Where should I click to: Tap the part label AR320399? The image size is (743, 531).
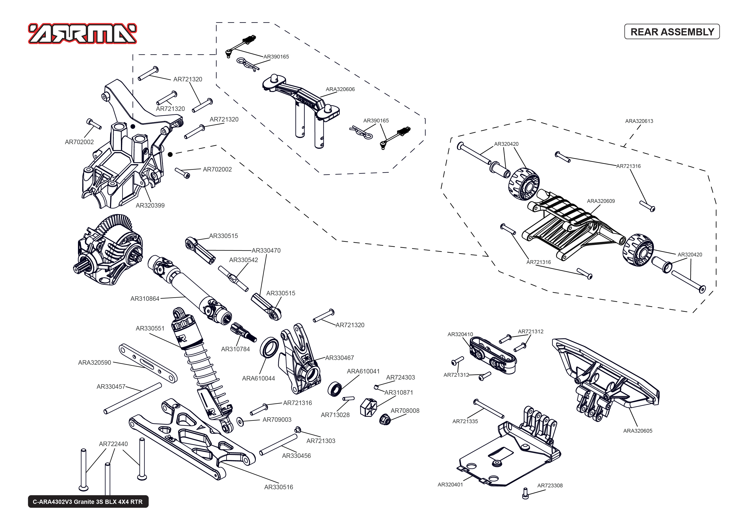coord(150,205)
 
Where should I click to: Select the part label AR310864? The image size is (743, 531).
coord(145,298)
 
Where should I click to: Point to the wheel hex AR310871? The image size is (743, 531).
coord(368,407)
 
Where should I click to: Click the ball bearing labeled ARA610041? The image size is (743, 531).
coord(335,389)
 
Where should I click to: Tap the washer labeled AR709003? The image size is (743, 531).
coord(240,422)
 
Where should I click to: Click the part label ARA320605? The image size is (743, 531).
coord(637,431)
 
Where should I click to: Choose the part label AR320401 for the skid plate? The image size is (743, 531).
coord(450,485)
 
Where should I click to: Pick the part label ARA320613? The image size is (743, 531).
coord(639,121)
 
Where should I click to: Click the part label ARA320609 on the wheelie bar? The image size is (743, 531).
coord(601,201)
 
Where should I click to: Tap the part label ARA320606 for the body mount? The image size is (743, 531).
coord(340,89)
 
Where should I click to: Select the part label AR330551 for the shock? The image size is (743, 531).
coord(150,328)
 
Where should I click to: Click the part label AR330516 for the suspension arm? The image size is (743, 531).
coord(278,487)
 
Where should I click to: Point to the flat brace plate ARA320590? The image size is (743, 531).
coord(148,363)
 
